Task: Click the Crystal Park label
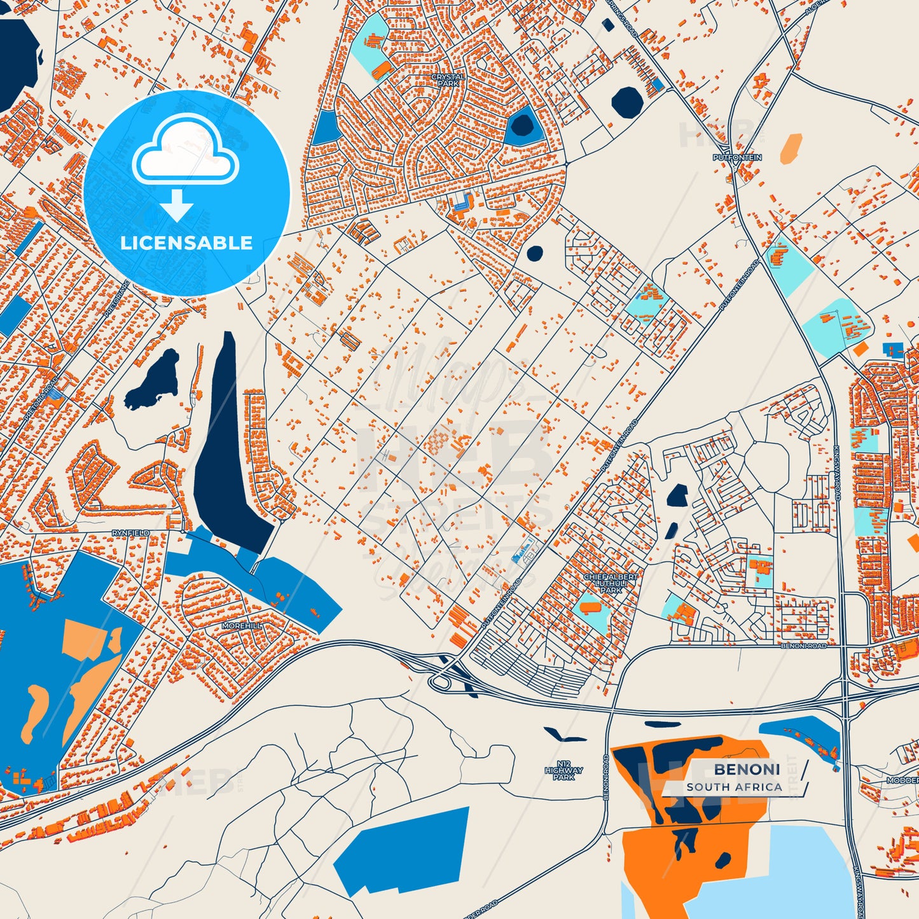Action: point(448,79)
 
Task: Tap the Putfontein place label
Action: point(737,157)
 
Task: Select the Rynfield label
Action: point(131,533)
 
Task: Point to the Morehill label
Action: point(241,626)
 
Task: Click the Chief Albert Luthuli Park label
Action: point(611,583)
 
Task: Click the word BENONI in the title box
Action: point(747,770)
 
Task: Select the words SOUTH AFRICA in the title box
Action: point(734,787)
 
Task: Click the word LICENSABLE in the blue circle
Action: point(186,243)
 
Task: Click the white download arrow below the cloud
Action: point(177,205)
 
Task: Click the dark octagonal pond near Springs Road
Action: point(627,101)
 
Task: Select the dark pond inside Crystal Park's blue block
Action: point(522,125)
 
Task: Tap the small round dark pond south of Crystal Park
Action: point(535,253)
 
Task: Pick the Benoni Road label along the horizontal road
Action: point(803,646)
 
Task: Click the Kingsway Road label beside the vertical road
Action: point(838,464)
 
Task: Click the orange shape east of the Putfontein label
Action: point(791,148)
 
